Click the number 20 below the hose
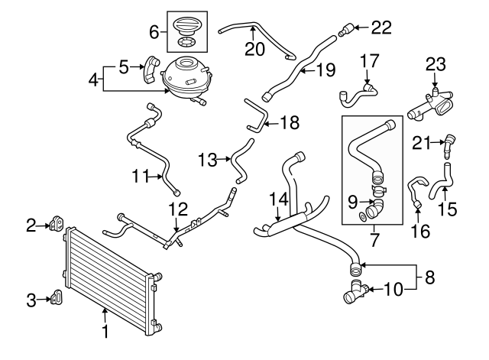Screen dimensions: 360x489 (x=252, y=50)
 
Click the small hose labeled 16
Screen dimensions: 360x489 (x=416, y=190)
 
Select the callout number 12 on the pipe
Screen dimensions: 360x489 (x=176, y=209)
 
